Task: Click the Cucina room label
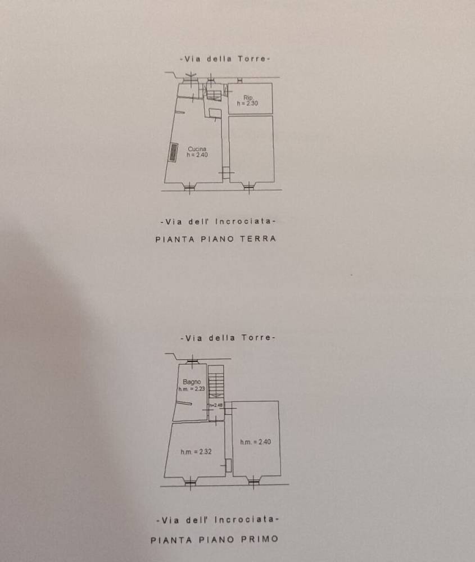[x=197, y=149]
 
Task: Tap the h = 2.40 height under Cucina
[x=197, y=155]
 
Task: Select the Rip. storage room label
[x=248, y=97]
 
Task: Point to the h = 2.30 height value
[x=247, y=103]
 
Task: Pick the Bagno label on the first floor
[x=192, y=382]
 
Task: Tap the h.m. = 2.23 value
[x=192, y=389]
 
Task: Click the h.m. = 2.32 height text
[x=196, y=452]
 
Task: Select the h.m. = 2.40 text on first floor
[x=256, y=442]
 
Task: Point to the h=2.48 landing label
[x=216, y=405]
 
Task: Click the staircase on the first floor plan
[x=216, y=382]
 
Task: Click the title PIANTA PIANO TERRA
[x=216, y=239]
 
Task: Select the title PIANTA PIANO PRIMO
[x=215, y=540]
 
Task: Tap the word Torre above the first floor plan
[x=256, y=338]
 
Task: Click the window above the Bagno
[x=193, y=361]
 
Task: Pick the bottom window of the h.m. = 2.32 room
[x=190, y=482]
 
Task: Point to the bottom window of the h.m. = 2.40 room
[x=254, y=482]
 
